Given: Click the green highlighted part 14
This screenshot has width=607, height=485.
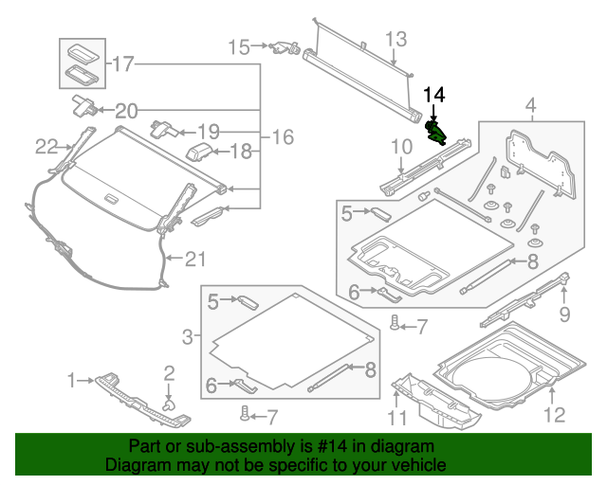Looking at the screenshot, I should (x=436, y=131).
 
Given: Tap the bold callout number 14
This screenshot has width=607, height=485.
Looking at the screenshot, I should (x=433, y=94).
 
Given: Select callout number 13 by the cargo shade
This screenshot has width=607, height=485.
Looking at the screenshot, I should (x=395, y=39).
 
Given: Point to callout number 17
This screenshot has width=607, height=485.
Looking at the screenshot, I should (x=123, y=64).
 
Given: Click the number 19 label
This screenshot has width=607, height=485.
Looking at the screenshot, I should (x=208, y=131).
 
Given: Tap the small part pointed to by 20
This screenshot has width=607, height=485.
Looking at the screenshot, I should (x=83, y=105).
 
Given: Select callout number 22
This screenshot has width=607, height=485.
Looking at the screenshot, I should (x=46, y=146).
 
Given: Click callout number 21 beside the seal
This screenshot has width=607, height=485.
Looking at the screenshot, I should (x=193, y=258).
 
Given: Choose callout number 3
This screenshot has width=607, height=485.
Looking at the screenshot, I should (x=189, y=335).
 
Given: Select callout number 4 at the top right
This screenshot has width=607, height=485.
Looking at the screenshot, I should (x=530, y=103).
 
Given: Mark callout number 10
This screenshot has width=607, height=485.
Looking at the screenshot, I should (x=401, y=147).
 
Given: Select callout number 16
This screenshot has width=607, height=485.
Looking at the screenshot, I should (x=283, y=138).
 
